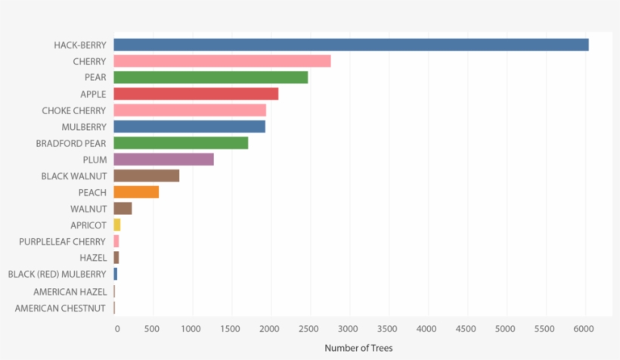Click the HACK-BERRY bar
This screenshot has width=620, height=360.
pyautogui.click(x=351, y=45)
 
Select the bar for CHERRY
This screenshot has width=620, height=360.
pyautogui.click(x=222, y=61)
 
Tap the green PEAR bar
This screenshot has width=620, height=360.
pyautogui.click(x=210, y=77)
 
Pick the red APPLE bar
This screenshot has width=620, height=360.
pyautogui.click(x=196, y=94)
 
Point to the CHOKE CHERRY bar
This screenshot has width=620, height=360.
pyautogui.click(x=190, y=110)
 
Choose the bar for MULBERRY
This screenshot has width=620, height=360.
pyautogui.click(x=189, y=126)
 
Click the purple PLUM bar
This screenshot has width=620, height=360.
pyautogui.click(x=163, y=160)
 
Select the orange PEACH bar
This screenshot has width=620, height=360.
pyautogui.click(x=136, y=192)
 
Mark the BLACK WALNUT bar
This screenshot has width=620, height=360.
pyautogui.click(x=146, y=175)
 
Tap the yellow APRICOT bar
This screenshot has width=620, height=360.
pyautogui.click(x=117, y=225)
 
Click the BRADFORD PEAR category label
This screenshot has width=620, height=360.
pyautogui.click(x=71, y=143)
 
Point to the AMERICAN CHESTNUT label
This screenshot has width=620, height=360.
pyautogui.click(x=60, y=308)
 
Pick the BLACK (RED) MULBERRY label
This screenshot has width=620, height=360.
pyautogui.click(x=57, y=274)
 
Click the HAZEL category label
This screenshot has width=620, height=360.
pyautogui.click(x=93, y=258)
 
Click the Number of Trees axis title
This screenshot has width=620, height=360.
pyautogui.click(x=358, y=348)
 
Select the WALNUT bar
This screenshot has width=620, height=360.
pyautogui.click(x=122, y=209)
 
